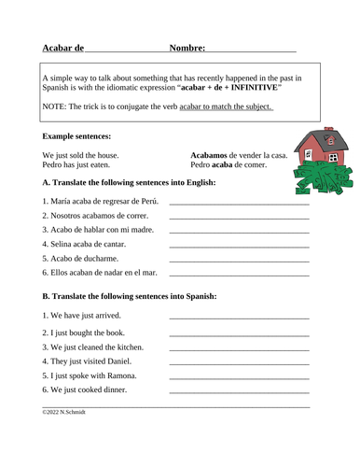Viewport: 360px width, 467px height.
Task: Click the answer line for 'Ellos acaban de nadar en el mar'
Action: [x=239, y=275]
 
